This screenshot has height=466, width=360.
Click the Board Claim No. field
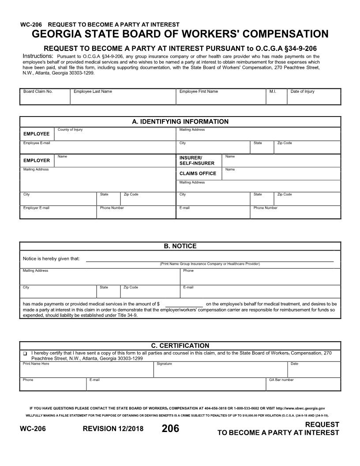coord(45,98)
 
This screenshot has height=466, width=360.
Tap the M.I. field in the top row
coord(276,98)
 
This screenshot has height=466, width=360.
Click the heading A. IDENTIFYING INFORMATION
coord(180,122)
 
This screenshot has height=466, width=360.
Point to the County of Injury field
coord(115,135)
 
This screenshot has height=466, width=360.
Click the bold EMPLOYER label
coord(37,161)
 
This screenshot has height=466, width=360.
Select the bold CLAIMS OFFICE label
coord(198,173)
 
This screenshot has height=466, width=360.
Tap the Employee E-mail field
coord(97,148)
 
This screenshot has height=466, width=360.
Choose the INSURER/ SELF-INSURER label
coord(197,161)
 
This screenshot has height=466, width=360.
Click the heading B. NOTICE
coord(180,246)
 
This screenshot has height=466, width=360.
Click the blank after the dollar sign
coord(184,304)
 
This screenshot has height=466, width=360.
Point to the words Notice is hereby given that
coord(51,259)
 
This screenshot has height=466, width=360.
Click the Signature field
coord(220,371)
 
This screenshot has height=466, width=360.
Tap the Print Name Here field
coord(86,371)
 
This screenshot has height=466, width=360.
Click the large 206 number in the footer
coord(170,428)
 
